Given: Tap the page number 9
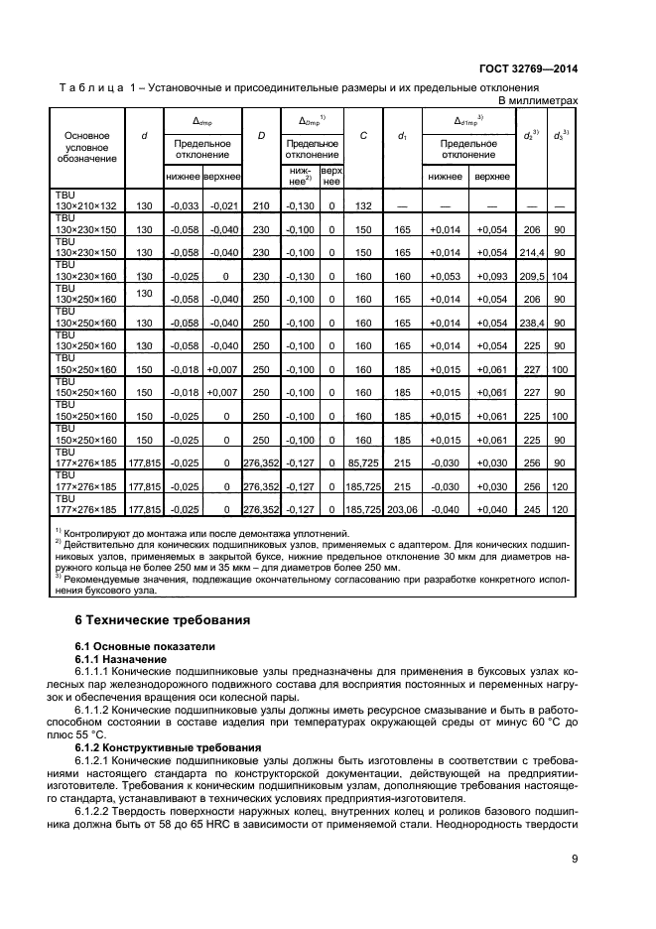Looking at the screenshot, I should pyautogui.click(x=575, y=860).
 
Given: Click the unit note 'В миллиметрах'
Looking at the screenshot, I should pyautogui.click(x=537, y=101).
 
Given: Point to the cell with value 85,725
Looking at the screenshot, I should pyautogui.click(x=363, y=463).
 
